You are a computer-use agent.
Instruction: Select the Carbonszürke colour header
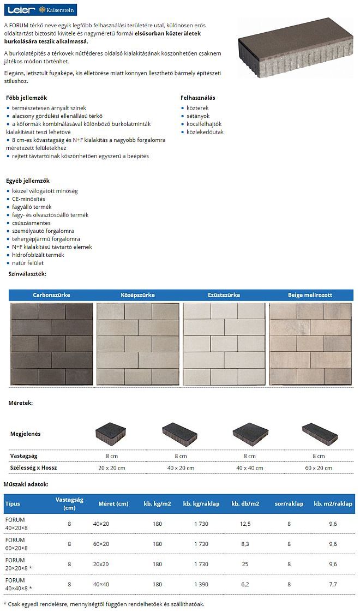pyautogui.click(x=52, y=295)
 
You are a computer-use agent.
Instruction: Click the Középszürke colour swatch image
pyautogui.click(x=138, y=344)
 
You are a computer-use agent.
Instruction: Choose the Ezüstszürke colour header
pyautogui.click(x=224, y=295)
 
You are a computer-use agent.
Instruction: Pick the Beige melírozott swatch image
pyautogui.click(x=310, y=344)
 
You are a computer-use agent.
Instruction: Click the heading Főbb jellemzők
pyautogui.click(x=26, y=98)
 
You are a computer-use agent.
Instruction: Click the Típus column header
pyautogui.click(x=13, y=503)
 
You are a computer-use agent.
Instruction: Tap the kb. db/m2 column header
pyautogui.click(x=245, y=503)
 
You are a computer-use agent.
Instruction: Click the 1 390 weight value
pyautogui.click(x=201, y=584)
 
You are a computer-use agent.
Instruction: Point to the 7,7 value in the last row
pyautogui.click(x=333, y=584)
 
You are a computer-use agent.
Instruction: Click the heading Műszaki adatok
pyautogui.click(x=26, y=484)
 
